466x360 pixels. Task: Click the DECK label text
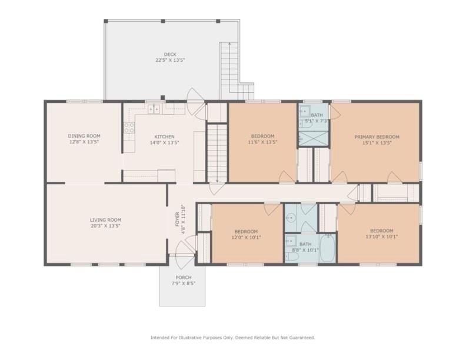click(170, 54)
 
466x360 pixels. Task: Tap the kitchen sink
click(154, 109)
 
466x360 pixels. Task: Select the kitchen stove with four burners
click(129, 128)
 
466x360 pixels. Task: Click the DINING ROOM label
click(84, 136)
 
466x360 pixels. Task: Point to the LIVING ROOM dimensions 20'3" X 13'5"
click(105, 226)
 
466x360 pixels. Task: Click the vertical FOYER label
click(177, 219)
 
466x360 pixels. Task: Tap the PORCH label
click(184, 278)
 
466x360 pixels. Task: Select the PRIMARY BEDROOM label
click(377, 137)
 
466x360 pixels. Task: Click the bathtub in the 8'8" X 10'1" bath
click(328, 248)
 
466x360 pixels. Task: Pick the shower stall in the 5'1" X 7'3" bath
click(314, 138)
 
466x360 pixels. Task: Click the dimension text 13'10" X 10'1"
click(382, 236)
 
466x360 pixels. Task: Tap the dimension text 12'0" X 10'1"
click(246, 237)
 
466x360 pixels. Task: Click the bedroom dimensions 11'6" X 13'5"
click(262, 142)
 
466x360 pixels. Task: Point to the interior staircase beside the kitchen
click(217, 154)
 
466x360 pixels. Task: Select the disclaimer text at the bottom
click(232, 338)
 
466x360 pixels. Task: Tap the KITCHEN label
click(164, 136)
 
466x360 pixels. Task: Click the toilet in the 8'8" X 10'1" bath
click(291, 256)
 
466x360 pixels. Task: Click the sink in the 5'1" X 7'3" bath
click(304, 111)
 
